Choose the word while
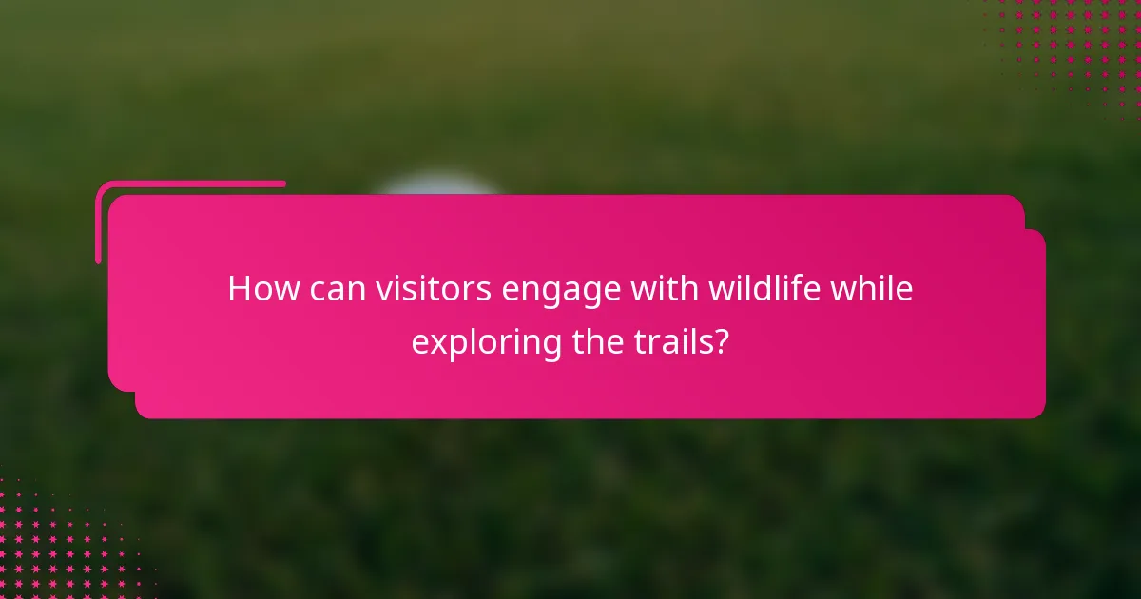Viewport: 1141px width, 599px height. point(871,288)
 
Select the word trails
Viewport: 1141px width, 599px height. point(670,340)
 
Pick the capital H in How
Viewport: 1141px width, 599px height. point(240,288)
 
